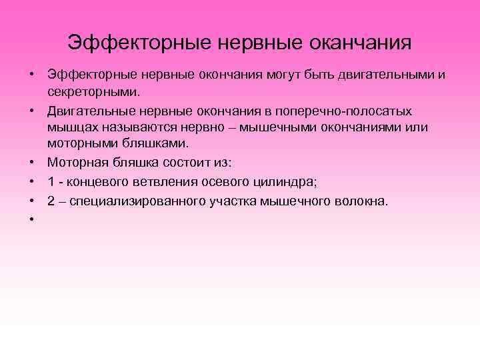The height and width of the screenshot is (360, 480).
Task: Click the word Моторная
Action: click(x=73, y=162)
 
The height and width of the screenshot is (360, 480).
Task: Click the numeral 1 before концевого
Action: click(x=51, y=183)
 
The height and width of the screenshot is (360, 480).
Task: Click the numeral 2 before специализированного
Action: click(x=51, y=202)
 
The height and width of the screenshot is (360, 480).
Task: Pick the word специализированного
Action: click(x=140, y=202)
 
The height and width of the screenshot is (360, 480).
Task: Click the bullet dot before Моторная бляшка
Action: click(x=32, y=162)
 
